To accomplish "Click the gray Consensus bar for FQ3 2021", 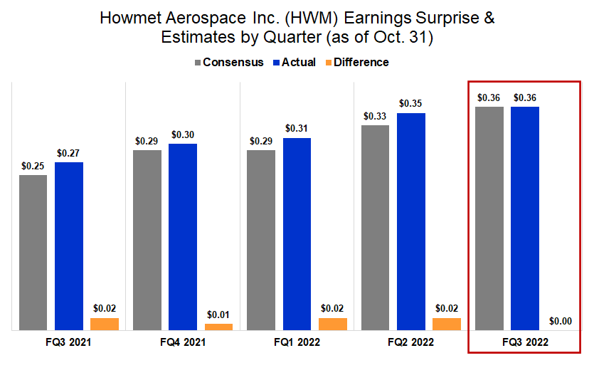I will pos(33,252).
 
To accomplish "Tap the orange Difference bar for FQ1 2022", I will pos(333,324).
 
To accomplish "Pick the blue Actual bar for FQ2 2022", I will pos(411,221).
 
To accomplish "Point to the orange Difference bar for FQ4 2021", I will pos(218,327).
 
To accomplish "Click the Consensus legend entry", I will pos(228,62).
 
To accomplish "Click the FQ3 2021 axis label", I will pos(68,342).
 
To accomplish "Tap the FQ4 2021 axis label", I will pos(183,342).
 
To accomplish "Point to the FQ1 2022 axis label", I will pos(297,342).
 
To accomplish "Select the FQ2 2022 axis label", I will pos(411,342).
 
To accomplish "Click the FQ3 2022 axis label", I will pos(525,342).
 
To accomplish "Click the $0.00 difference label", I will pos(561,321).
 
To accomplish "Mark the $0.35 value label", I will pos(411,103).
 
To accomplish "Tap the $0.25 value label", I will pos(33,165).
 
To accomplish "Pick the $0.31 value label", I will pos(297,128).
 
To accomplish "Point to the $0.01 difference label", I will pos(218,314).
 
